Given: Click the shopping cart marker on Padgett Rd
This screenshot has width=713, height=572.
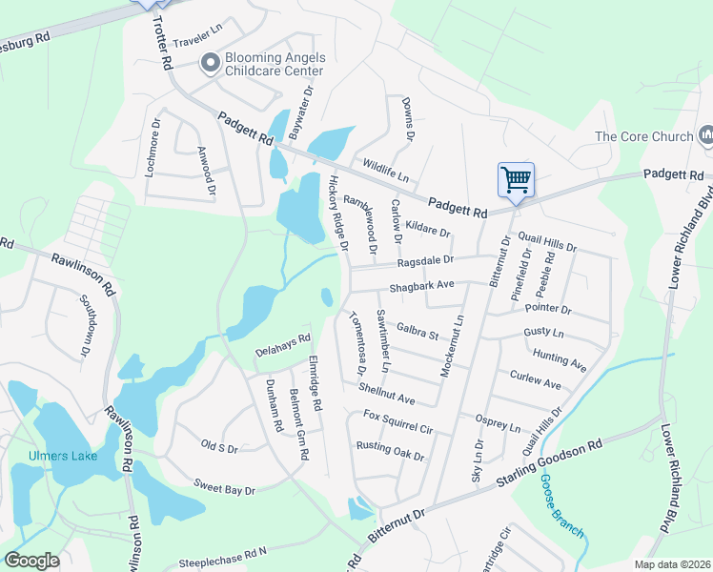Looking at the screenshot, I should click(516, 179).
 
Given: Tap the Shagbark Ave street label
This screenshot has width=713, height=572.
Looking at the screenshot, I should click(421, 285).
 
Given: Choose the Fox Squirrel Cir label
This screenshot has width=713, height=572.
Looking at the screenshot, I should click(398, 421).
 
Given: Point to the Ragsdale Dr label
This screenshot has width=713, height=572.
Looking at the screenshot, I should click(426, 259).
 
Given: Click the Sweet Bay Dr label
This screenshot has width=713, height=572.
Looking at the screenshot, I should click(225, 488).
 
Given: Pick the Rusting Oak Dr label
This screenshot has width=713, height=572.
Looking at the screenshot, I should click(390, 451).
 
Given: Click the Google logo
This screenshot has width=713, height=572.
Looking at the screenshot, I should click(32, 561).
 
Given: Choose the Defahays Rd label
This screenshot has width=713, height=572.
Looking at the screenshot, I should click(283, 344).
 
